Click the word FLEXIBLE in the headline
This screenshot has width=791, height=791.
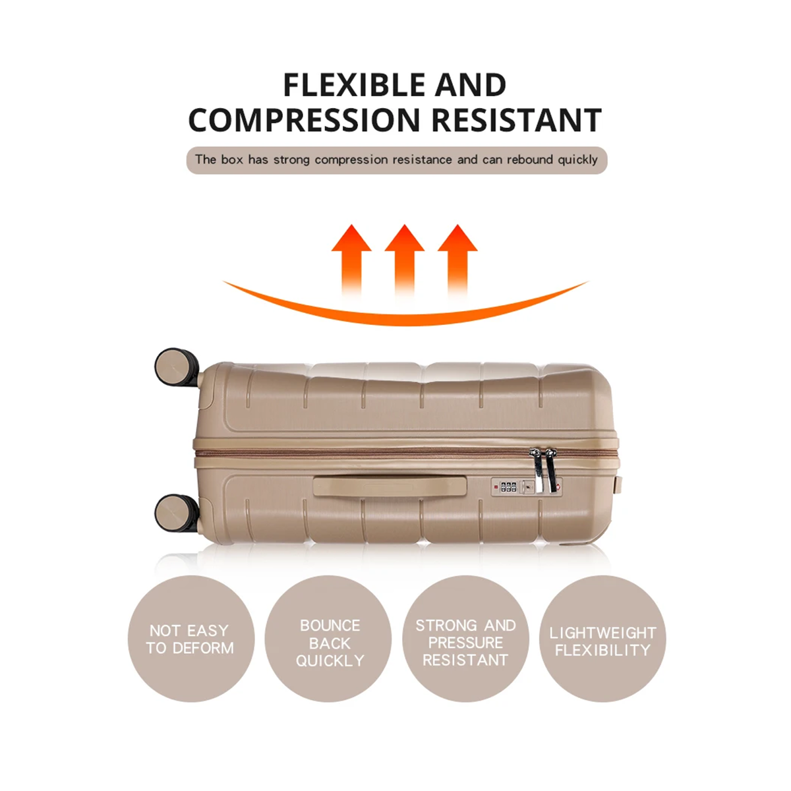(354, 85)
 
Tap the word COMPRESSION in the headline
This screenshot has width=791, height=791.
(304, 120)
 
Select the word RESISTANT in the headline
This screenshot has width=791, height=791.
(517, 120)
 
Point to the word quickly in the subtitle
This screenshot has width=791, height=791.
(578, 160)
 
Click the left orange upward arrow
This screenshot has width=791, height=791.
(351, 260)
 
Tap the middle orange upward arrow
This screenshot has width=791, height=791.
(404, 260)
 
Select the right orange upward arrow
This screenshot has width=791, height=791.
(457, 260)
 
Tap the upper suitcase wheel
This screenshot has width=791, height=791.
(177, 367)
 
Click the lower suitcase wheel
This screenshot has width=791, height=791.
(177, 513)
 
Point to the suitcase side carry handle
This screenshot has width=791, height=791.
(390, 486)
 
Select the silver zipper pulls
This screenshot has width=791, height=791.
(544, 471)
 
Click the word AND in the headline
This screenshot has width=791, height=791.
(471, 85)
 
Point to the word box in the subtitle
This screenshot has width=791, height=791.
(232, 160)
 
